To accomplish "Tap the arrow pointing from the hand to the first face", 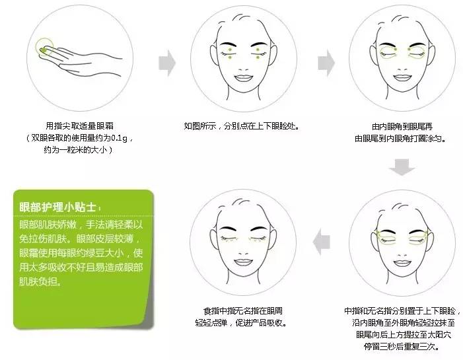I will click(168, 63).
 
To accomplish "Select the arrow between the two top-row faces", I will click(326, 63).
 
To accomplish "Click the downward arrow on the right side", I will click(400, 168).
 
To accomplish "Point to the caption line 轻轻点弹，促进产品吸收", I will click(240, 322).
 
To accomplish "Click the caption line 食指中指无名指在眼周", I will click(240, 310).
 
